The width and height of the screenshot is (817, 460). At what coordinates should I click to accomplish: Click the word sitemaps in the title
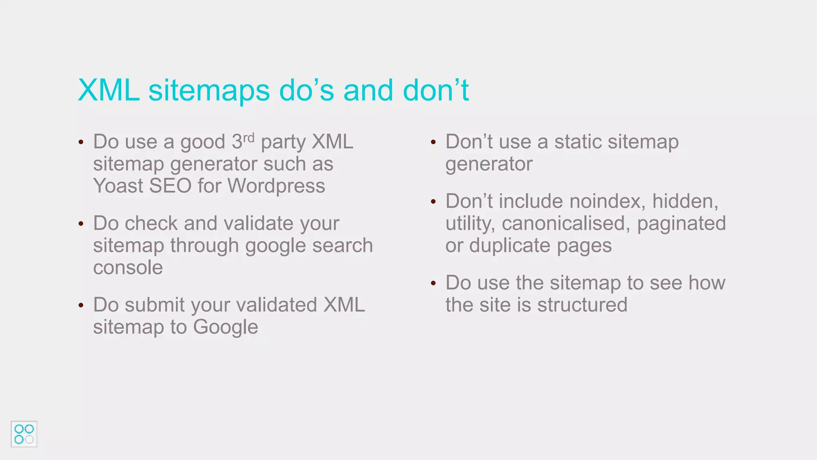pos(209,91)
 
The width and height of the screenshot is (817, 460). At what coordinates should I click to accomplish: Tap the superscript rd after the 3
pos(249,138)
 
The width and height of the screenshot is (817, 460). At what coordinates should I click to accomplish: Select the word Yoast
pos(118,186)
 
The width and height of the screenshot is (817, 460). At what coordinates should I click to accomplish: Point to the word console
pos(128,268)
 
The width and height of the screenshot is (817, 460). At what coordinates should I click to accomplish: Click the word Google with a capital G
pos(225,327)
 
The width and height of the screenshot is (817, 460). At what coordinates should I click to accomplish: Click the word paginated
pos(681,224)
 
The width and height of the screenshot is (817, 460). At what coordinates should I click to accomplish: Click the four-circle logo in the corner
pos(24,434)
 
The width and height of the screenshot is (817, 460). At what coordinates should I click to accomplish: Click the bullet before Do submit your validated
pos(81,305)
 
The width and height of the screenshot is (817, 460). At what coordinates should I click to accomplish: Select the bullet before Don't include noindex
pos(433,202)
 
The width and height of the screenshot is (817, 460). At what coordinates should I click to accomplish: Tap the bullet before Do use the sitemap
pos(433,284)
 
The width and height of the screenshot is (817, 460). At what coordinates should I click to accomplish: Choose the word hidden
pos(685,201)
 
